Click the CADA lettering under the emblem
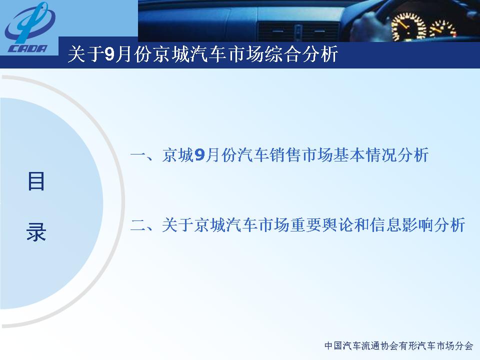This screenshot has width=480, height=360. click(28, 48)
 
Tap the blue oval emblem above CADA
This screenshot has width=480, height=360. click(29, 22)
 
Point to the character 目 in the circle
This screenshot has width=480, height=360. click(36, 181)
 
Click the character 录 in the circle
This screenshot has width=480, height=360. click(36, 231)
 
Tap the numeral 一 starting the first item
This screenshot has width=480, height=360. click(138, 155)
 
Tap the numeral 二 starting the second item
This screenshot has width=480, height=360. click(138, 225)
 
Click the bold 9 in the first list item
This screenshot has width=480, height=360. click(199, 155)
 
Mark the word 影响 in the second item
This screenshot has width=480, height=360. click(417, 225)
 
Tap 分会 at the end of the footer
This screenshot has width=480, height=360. click(464, 345)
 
